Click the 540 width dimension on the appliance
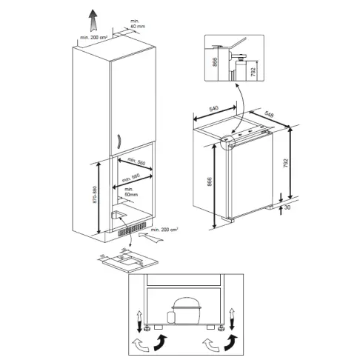click(x=216, y=108)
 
